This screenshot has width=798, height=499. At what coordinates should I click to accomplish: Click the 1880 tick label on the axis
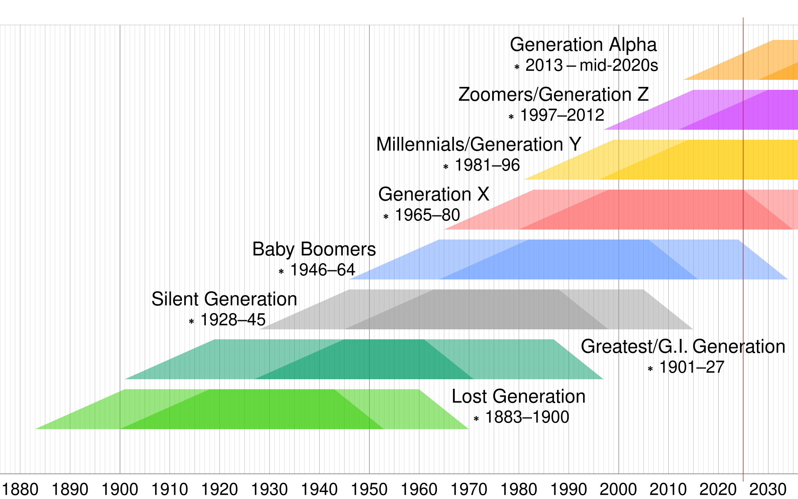20,489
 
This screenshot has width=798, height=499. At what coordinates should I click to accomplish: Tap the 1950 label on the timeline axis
369,489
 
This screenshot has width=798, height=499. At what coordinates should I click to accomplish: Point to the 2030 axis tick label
768,489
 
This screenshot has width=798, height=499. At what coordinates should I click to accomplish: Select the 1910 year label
170,489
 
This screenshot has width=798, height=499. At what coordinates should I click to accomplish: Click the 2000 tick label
618,489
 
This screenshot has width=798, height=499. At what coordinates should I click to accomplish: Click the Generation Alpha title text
583,45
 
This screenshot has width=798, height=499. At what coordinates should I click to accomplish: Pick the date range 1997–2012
562,115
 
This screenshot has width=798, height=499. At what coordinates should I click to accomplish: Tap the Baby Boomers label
314,249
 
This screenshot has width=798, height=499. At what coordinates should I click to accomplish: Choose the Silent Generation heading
224,299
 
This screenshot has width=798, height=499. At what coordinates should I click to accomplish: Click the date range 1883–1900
527,417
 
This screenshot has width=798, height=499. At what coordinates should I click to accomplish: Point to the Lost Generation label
518,396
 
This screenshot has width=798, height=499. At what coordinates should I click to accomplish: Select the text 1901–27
692,367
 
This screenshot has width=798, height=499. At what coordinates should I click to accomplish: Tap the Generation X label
433,195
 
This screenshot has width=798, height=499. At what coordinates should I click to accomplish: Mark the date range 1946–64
323,270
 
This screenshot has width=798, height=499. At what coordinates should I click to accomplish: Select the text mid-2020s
619,66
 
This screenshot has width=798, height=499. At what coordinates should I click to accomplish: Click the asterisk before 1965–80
386,217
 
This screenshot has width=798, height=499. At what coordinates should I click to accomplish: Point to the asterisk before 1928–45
192,321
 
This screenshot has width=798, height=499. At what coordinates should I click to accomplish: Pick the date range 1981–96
487,166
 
